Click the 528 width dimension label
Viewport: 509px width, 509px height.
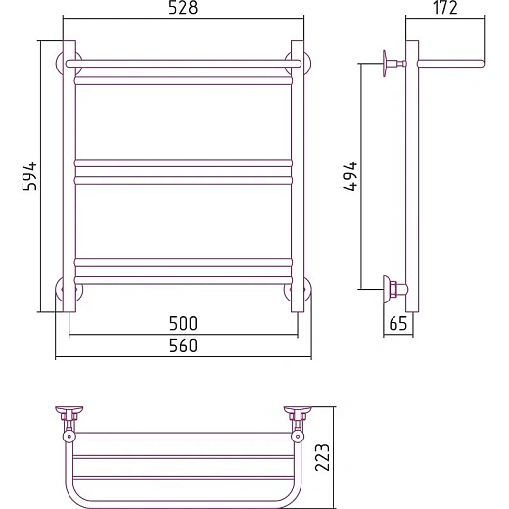click(183, 8)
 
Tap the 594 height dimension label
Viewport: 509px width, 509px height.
click(30, 176)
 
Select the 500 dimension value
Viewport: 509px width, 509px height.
click(183, 323)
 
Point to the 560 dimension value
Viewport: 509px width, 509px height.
click(183, 346)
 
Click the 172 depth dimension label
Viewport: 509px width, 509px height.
click(445, 8)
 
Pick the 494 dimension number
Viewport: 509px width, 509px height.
click(351, 176)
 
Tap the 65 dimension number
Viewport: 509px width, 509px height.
click(398, 323)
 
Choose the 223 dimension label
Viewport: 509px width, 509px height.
click(322, 457)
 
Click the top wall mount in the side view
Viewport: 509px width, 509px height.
click(393, 64)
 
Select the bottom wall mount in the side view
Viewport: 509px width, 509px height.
click(394, 289)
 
